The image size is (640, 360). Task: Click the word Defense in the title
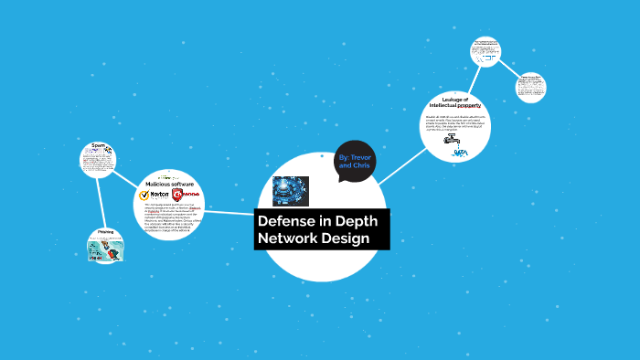(x=283, y=222)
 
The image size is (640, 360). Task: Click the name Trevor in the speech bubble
(x=363, y=158)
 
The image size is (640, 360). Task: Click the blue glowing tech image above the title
(x=291, y=190)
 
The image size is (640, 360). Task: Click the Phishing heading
(x=106, y=232)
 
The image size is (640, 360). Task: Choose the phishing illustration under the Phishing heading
(x=105, y=249)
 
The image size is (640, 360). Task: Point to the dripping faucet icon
(x=453, y=142)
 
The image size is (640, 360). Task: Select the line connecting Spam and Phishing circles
(x=101, y=202)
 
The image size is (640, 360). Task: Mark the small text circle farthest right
(x=530, y=88)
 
